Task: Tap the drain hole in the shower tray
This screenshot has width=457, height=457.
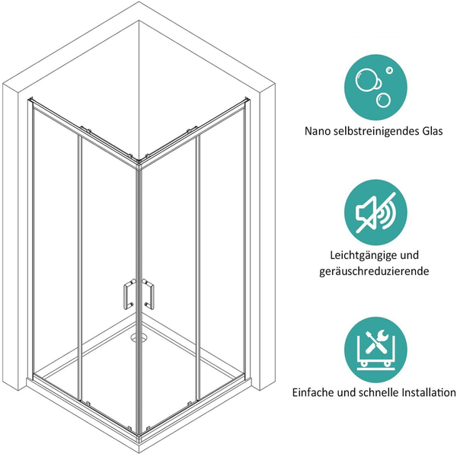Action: [x=139, y=338]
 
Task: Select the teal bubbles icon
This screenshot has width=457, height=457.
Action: [x=376, y=88]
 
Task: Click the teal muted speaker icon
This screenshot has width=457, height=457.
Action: [x=376, y=213]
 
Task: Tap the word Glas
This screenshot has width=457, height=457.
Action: [x=432, y=131]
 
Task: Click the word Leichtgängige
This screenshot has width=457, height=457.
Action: [x=360, y=256]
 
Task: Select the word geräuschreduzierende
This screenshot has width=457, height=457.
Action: [x=374, y=272]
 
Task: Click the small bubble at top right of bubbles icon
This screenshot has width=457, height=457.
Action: [x=389, y=70]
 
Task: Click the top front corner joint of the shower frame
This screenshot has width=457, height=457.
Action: [x=139, y=166]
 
